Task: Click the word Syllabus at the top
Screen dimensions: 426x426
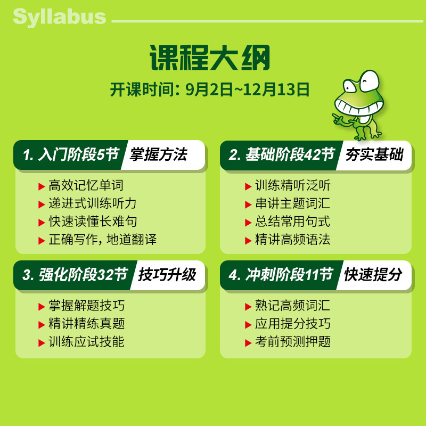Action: coord(60,18)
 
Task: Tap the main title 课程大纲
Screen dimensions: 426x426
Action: coord(210,58)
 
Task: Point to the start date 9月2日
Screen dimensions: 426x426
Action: coord(209,89)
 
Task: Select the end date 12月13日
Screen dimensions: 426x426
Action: coord(276,89)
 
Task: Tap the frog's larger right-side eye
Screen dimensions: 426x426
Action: coord(369,81)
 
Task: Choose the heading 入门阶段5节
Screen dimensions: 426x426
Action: coord(79,154)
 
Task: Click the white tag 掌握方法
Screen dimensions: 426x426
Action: coord(158,154)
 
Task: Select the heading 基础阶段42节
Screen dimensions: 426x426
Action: coord(290,154)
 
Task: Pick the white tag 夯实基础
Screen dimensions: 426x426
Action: coord(374,154)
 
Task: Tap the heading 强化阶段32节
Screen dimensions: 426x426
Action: coord(83,275)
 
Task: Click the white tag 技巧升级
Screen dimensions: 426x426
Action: coord(167,275)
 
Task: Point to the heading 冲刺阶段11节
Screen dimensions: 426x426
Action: coord(289,275)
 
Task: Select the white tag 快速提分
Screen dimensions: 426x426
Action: coord(373,275)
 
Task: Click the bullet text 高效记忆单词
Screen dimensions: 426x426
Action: coord(86,185)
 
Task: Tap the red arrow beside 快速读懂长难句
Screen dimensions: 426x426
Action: coord(42,223)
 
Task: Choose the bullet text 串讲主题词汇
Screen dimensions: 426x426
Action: coord(292,203)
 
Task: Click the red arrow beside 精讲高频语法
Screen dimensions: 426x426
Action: coord(248,241)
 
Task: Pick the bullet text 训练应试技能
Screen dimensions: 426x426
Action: coord(86,341)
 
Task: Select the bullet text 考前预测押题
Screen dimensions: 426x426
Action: coord(292,341)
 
